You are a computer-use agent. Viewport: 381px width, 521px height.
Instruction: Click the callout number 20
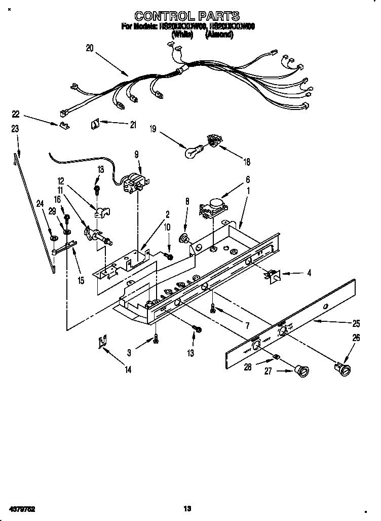click(x=90, y=49)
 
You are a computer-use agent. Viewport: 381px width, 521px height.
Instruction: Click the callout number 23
click(x=15, y=129)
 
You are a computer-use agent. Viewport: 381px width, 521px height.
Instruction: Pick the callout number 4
click(x=309, y=273)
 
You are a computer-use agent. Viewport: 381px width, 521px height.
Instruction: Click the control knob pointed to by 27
click(x=302, y=371)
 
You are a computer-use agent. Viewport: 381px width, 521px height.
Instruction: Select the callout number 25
click(x=357, y=323)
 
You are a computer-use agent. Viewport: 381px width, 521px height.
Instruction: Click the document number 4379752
click(x=21, y=508)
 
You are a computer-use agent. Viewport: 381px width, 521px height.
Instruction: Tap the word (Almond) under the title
click(x=219, y=35)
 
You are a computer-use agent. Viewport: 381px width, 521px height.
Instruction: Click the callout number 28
click(x=247, y=367)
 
